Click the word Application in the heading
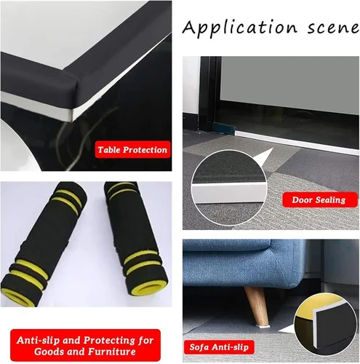tap(240, 27)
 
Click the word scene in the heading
tap(333, 28)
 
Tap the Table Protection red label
tap(132, 149)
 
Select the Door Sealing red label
tap(319, 199)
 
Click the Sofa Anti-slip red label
tap(219, 347)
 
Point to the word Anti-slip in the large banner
tap(38, 340)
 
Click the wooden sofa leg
tap(256, 305)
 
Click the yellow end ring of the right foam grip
tap(148, 289)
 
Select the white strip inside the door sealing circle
tap(229, 193)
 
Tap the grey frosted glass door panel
tap(289, 84)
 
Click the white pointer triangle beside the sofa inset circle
tap(286, 328)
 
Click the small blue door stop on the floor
tap(223, 127)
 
